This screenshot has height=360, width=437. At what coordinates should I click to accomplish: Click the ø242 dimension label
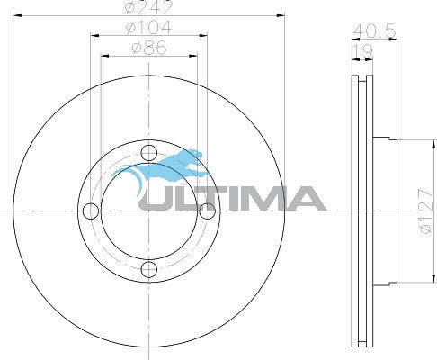tap(149, 7)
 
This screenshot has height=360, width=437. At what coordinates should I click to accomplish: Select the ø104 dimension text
tap(149, 27)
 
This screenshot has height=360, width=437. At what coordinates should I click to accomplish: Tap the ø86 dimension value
tap(149, 48)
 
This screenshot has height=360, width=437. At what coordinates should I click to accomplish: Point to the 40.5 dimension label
tap(374, 31)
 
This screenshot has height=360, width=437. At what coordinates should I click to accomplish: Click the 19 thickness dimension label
tap(362, 51)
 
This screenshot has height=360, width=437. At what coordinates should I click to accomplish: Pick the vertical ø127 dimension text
tap(426, 211)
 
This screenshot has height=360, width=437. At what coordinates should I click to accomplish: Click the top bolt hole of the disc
tap(149, 153)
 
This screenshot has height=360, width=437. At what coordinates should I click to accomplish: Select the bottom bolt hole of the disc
tap(149, 269)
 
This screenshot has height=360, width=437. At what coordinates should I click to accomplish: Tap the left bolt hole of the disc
tap(91, 211)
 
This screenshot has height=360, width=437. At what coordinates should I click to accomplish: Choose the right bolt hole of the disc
tap(207, 211)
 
